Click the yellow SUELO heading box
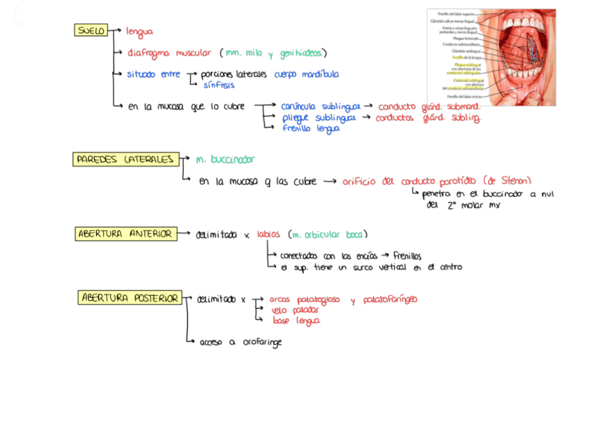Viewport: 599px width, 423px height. (91, 30)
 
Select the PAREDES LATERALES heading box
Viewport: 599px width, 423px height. (124, 160)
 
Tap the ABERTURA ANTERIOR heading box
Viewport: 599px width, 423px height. (124, 234)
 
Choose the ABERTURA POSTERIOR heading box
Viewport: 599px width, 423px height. (130, 298)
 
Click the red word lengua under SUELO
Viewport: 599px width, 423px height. (139, 32)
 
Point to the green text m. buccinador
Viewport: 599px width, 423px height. (225, 160)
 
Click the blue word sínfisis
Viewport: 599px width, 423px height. (219, 85)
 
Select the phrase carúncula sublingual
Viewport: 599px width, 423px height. (320, 106)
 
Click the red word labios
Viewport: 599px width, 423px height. (268, 234)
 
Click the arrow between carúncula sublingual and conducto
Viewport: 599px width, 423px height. (368, 106)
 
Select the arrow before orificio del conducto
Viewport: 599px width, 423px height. (329, 181)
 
